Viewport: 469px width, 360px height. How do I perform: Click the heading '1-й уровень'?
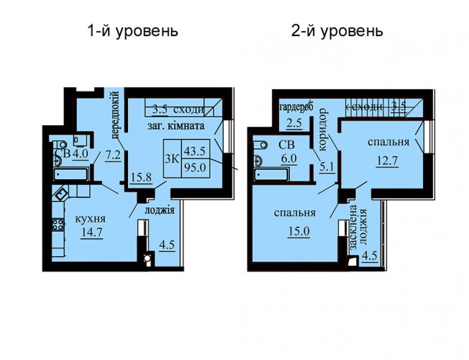click(133, 32)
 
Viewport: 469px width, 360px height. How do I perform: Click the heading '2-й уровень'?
click(337, 32)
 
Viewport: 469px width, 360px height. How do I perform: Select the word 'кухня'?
click(91, 219)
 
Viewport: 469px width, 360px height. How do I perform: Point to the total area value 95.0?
click(195, 168)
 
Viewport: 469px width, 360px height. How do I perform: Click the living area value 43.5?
click(194, 151)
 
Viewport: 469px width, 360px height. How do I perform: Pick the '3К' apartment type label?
click(172, 159)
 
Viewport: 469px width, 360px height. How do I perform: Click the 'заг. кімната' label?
click(176, 126)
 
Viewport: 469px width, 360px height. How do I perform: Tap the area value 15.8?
click(141, 177)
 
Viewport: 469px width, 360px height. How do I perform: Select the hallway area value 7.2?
click(113, 156)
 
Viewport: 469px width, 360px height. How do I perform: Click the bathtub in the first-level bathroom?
click(71, 174)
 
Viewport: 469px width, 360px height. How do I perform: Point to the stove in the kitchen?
click(58, 225)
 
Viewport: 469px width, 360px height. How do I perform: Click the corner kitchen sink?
click(60, 194)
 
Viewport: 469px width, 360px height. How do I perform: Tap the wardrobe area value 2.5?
click(293, 123)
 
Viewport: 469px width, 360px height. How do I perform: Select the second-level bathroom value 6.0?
click(288, 158)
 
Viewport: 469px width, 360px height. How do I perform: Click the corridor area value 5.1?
click(327, 166)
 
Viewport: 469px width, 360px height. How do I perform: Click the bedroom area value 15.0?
click(299, 232)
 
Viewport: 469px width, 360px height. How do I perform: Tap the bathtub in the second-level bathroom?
click(271, 175)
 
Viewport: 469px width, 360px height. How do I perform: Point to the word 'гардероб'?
click(295, 108)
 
